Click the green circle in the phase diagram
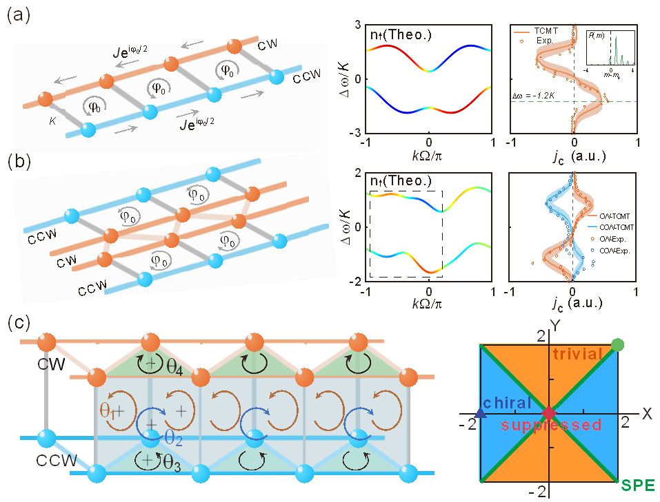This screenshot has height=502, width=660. click(x=617, y=344)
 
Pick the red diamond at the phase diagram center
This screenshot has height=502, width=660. click(x=548, y=413)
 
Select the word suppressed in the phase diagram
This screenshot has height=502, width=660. click(x=552, y=425)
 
